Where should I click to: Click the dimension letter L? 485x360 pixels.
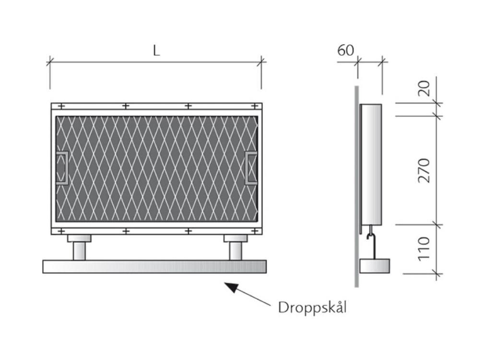156,50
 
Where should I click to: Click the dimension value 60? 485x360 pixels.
345,50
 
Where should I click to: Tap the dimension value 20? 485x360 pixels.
424,88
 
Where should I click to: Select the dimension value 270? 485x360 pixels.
424,170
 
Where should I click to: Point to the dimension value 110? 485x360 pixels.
424,249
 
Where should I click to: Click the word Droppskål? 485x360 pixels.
312,308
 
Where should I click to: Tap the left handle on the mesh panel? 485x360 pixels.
63,168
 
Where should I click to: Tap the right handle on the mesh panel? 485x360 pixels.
251,168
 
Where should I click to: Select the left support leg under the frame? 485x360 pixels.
79,247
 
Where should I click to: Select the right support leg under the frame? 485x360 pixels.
236,247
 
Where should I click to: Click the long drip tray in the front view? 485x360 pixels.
154,266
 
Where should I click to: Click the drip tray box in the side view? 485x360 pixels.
375,266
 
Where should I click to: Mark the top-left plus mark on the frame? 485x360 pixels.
61,107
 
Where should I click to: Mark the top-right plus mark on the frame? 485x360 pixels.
254,107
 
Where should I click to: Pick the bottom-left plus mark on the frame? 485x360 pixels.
61,231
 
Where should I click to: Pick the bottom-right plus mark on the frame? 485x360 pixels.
254,231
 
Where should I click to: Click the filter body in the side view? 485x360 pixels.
371,164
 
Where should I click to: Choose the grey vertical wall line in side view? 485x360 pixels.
356,186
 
